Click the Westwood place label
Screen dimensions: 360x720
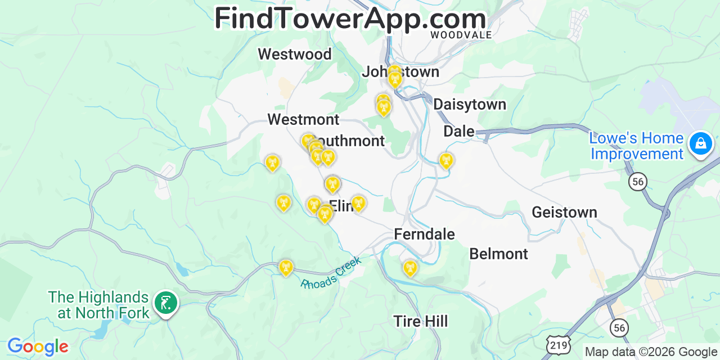pyautogui.click(x=295, y=54)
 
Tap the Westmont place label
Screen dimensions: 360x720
pyautogui.click(x=303, y=119)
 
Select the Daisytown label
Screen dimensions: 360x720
pyautogui.click(x=470, y=104)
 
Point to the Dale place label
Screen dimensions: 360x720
pyautogui.click(x=458, y=131)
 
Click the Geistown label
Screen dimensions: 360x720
pyautogui.click(x=564, y=212)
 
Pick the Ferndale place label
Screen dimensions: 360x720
pyautogui.click(x=424, y=234)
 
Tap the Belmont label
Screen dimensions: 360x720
pyautogui.click(x=498, y=254)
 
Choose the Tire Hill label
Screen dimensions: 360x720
pyautogui.click(x=420, y=321)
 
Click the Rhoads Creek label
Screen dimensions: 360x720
pyautogui.click(x=331, y=273)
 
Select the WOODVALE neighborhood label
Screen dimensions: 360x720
pyautogui.click(x=461, y=35)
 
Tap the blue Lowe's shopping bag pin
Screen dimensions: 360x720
pyautogui.click(x=700, y=143)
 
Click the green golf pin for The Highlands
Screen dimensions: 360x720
pyautogui.click(x=165, y=303)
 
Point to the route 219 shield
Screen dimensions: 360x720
pyautogui.click(x=557, y=344)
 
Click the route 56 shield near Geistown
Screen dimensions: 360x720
pyautogui.click(x=637, y=181)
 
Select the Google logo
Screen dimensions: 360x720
pyautogui.click(x=37, y=346)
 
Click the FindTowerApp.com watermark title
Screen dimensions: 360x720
pyautogui.click(x=350, y=19)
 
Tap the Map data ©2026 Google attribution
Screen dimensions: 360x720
pyautogui.click(x=651, y=352)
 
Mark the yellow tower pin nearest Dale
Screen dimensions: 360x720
pyautogui.click(x=445, y=161)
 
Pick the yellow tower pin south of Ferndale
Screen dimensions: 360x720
pyautogui.click(x=409, y=268)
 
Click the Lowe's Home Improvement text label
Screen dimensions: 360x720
pyautogui.click(x=637, y=146)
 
